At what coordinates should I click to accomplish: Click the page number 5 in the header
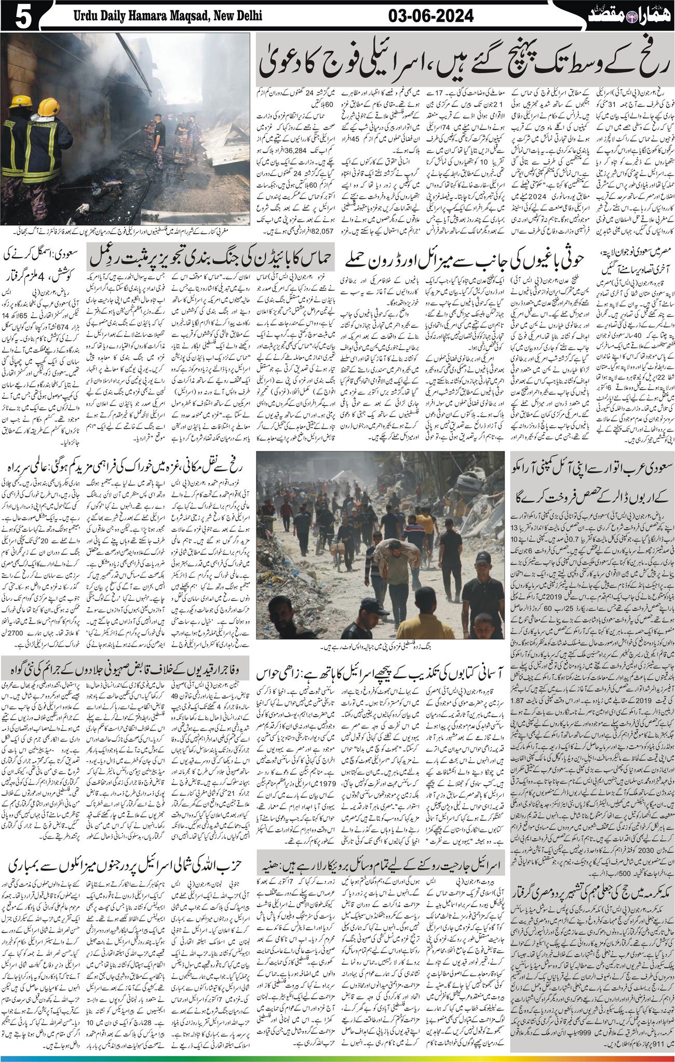23,16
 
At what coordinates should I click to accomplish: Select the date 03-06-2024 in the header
431,16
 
